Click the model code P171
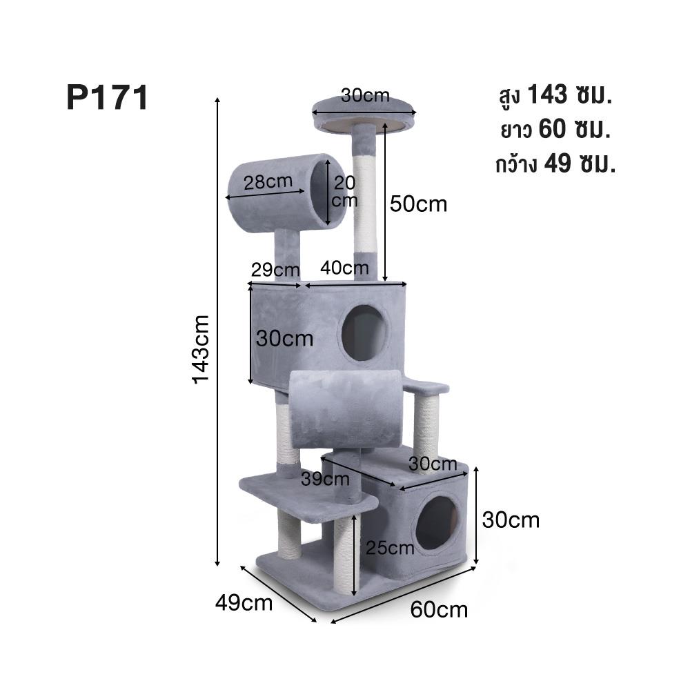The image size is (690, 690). tap(107, 98)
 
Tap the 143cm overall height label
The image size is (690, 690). tap(201, 349)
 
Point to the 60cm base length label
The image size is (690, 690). tap(439, 610)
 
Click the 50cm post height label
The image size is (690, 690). tap(418, 204)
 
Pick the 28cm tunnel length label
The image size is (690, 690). tap(268, 183)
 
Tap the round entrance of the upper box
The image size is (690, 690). tap(364, 333)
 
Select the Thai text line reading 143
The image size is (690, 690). tap(555, 95)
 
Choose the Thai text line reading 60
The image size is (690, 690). tap(555, 130)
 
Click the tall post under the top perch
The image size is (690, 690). tap(365, 200)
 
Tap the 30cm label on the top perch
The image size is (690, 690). tap(365, 95)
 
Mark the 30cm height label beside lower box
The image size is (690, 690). tap(511, 520)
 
